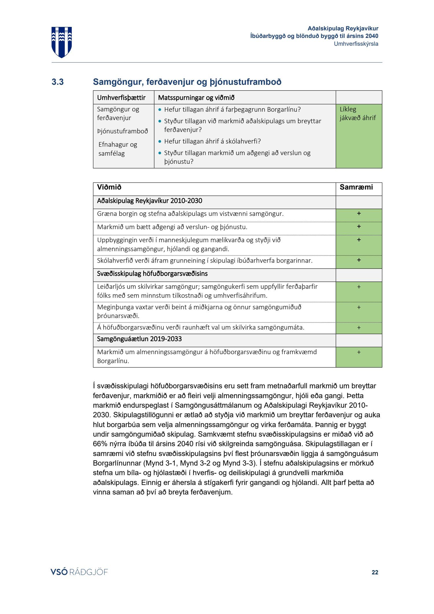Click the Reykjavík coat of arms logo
click(x=62, y=42)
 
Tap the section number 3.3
click(x=58, y=82)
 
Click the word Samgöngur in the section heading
click(x=117, y=82)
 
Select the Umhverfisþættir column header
click(x=121, y=98)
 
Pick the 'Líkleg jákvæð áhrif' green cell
click(x=358, y=136)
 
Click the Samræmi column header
click(x=356, y=187)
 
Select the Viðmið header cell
click(x=109, y=187)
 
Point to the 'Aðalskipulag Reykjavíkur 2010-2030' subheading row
click(x=150, y=201)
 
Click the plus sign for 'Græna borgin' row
click(x=359, y=214)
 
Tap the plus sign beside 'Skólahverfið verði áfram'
click(x=359, y=260)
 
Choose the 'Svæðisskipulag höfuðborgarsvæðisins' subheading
click(x=152, y=274)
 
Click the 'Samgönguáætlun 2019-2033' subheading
click(x=139, y=339)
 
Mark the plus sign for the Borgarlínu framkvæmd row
click(x=359, y=352)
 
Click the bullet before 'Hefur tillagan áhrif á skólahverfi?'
click(x=160, y=141)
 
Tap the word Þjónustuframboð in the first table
click(x=122, y=131)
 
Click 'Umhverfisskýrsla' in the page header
click(x=356, y=44)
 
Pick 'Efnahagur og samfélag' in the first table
click(x=117, y=149)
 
